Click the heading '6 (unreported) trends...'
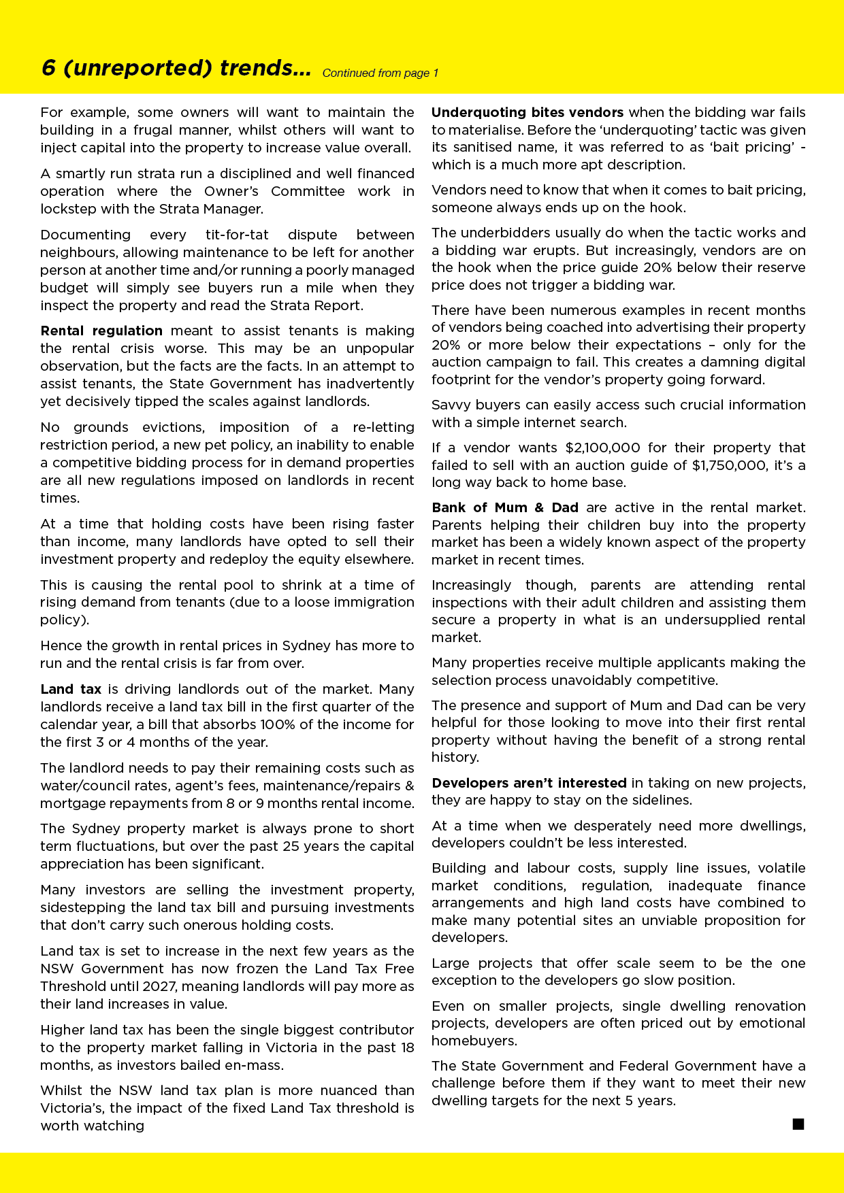(176, 68)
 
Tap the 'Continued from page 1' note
(380, 73)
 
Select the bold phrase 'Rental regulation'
(101, 331)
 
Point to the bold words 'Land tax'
(71, 689)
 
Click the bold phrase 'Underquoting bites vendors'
(527, 112)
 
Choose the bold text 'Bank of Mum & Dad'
(505, 507)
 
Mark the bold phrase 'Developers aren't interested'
(529, 783)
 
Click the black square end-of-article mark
(798, 1124)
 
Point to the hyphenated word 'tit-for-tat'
(237, 235)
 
